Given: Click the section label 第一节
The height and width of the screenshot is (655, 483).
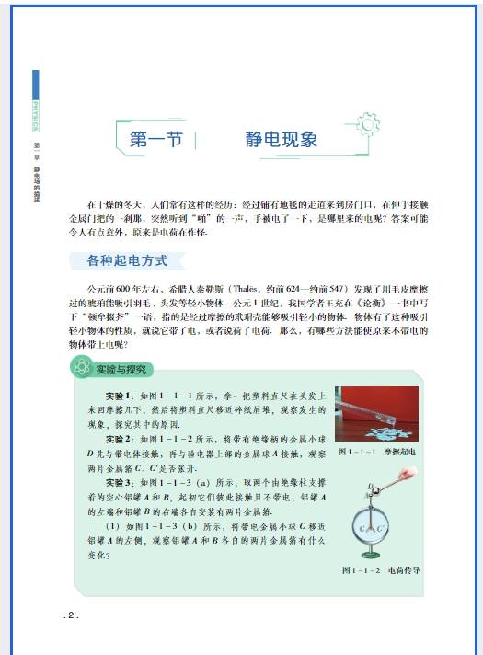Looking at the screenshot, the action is (x=152, y=140).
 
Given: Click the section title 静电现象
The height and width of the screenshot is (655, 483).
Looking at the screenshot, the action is (x=282, y=140).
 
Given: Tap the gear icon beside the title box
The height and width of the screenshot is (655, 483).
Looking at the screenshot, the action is (x=367, y=123).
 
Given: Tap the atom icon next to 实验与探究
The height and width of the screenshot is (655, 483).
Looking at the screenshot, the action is (x=80, y=369).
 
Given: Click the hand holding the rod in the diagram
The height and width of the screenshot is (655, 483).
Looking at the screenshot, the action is (x=405, y=477).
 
